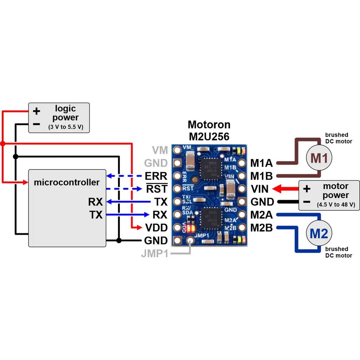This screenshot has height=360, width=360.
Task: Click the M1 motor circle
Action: click(x=319, y=157)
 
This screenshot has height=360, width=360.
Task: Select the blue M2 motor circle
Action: click(x=319, y=234)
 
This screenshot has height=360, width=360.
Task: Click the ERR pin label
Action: click(x=156, y=176)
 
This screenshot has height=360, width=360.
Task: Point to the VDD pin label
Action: click(x=156, y=228)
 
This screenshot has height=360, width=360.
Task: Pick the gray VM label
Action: click(x=160, y=150)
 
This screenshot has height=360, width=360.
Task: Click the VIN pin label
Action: click(x=259, y=189)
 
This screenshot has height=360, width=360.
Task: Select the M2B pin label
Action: click(x=261, y=228)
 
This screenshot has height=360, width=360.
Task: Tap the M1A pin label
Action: click(x=261, y=163)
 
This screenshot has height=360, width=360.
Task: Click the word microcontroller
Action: click(x=67, y=182)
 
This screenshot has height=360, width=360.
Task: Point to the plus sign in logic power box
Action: click(x=36, y=111)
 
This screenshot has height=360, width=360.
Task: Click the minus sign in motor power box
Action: click(x=307, y=202)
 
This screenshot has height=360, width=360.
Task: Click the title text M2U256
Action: click(x=209, y=136)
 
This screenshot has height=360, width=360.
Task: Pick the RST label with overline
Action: click(x=157, y=189)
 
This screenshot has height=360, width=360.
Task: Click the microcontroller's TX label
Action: click(x=96, y=215)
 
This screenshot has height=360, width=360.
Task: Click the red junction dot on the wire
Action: click(x=3, y=144)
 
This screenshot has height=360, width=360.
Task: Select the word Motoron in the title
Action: click(x=209, y=125)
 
